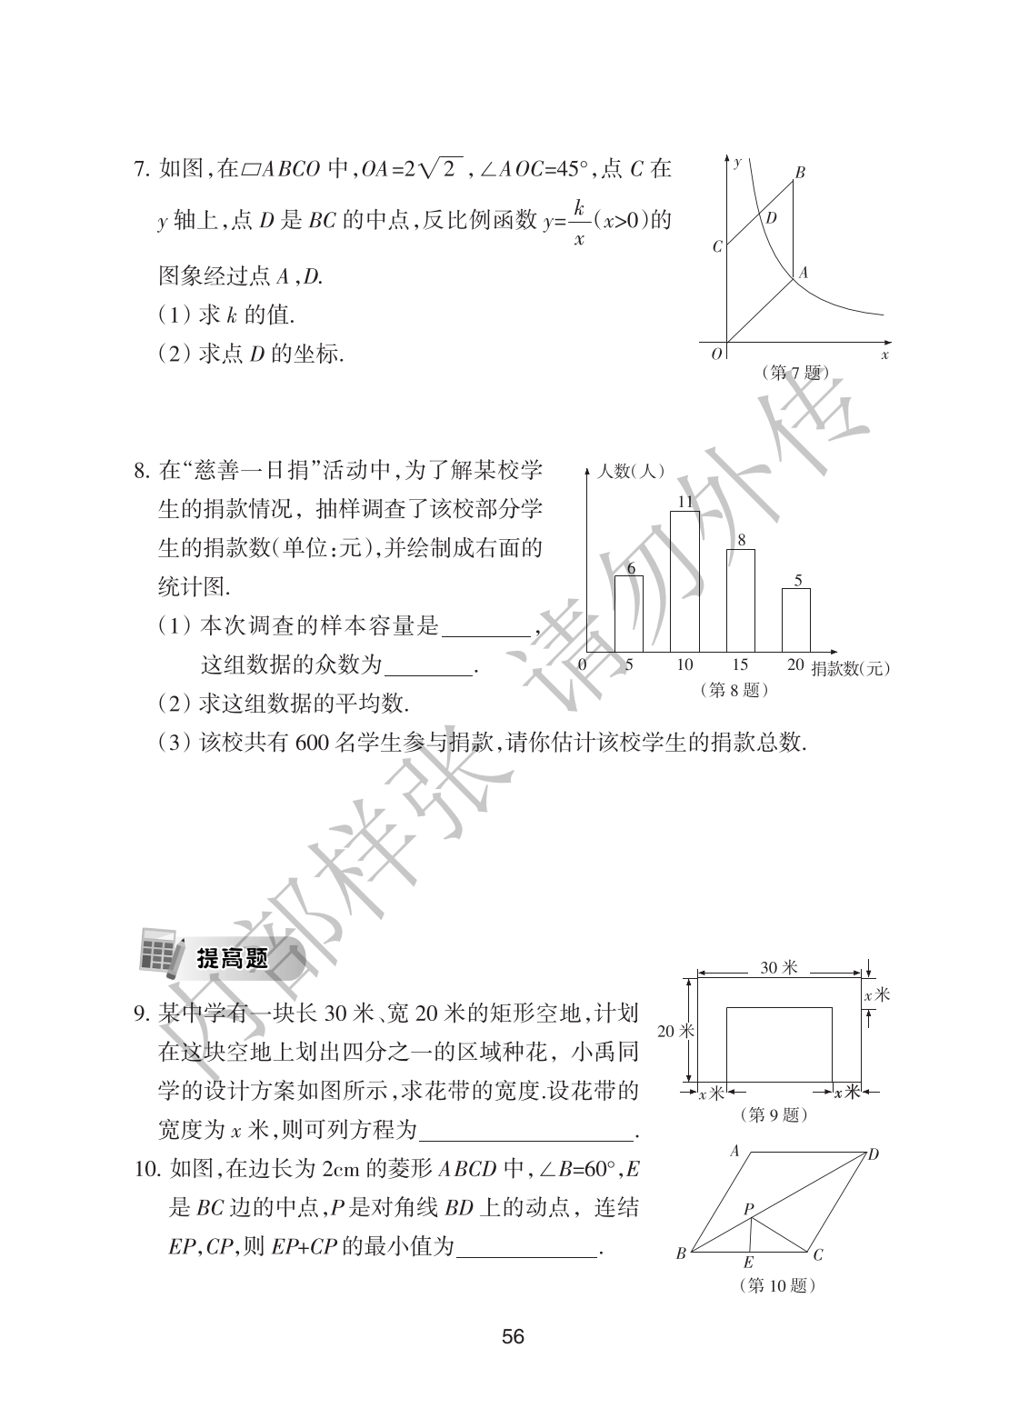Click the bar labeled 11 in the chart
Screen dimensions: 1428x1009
(684, 582)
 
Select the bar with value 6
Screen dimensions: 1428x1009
(628, 614)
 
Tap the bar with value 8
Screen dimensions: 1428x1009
(741, 601)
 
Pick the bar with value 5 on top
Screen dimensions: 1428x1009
(796, 621)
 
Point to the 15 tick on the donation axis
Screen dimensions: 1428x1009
(740, 665)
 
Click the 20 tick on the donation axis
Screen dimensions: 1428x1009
(795, 665)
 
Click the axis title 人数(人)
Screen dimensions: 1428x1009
(631, 472)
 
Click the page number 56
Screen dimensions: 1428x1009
(513, 1337)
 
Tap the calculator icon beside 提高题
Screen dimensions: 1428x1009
(158, 953)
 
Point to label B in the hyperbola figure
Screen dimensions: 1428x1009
(799, 172)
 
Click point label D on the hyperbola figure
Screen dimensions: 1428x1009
(772, 218)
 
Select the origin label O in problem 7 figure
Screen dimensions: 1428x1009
(716, 355)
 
